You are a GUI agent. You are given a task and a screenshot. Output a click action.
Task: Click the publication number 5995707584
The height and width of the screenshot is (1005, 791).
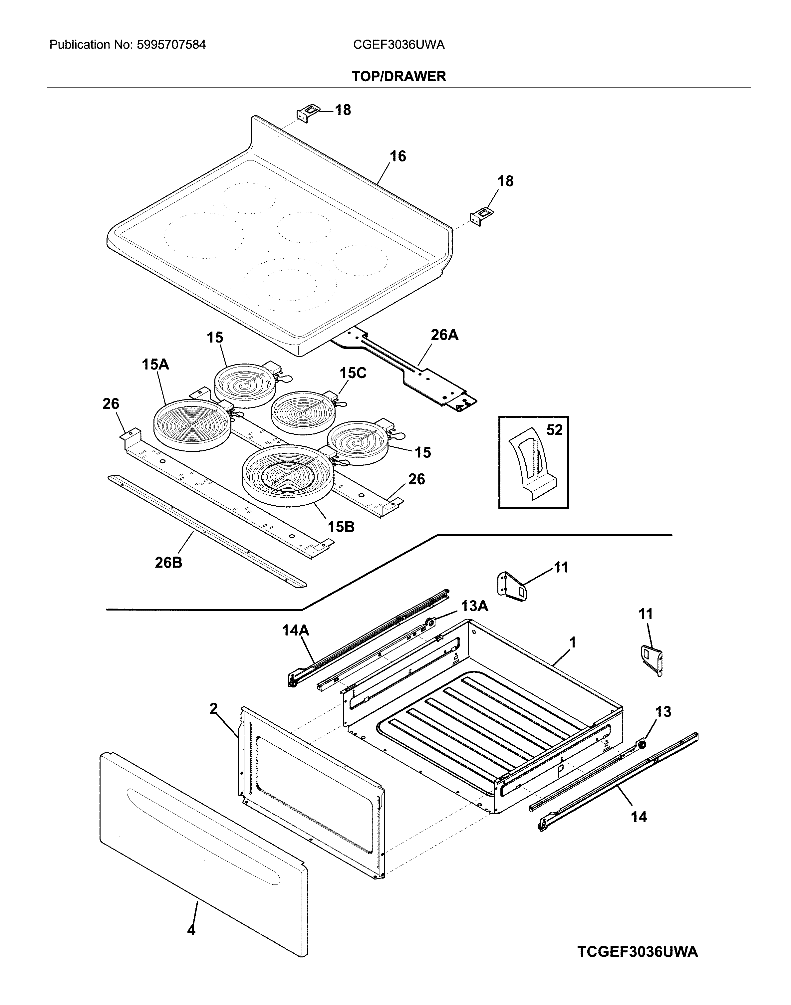171,45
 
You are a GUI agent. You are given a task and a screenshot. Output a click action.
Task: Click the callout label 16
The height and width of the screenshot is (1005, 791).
397,156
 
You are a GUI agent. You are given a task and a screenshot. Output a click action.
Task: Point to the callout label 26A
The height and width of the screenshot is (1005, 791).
444,335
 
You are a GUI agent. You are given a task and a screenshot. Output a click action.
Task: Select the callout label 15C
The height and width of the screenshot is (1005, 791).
353,373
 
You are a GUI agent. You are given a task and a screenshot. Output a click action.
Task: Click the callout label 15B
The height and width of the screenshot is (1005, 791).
341,527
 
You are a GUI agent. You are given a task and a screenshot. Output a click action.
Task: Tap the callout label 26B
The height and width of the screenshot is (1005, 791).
168,563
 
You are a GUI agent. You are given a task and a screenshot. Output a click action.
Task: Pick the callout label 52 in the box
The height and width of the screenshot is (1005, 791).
554,430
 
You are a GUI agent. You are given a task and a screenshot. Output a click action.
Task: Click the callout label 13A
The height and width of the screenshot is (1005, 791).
474,606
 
